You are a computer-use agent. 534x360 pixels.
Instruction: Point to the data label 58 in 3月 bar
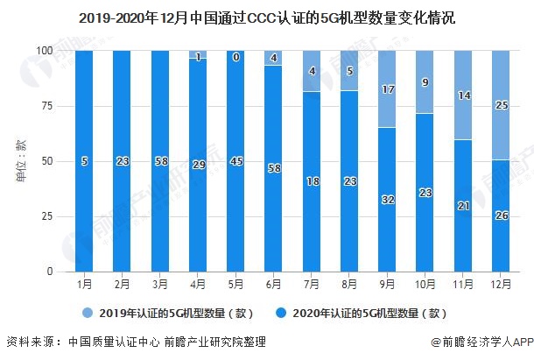coord(160,161)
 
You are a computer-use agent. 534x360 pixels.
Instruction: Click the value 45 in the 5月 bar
coord(237,161)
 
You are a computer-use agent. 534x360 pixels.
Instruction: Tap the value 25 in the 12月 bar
coord(501,106)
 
